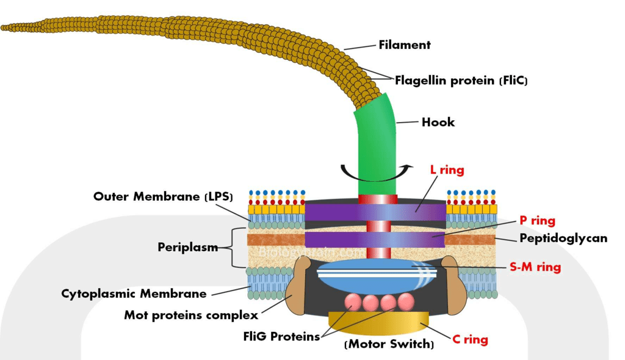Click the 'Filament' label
coord(404,45)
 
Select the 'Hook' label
coord(438,122)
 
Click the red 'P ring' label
coord(537,221)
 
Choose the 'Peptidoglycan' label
coord(563,238)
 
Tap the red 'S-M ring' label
coord(535,267)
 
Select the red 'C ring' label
coord(470,339)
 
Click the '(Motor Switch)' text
coord(389,345)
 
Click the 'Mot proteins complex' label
coord(191,315)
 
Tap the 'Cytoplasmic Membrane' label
coord(134,293)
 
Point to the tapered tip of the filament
coord(5,27)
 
